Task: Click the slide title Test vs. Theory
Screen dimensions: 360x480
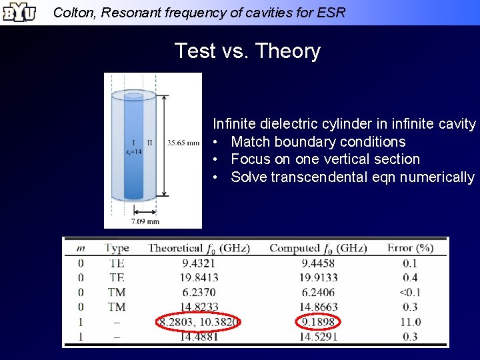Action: [x=247, y=51]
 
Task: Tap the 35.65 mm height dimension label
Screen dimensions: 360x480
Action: [x=183, y=142]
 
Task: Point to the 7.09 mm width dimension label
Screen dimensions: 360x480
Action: [x=145, y=221]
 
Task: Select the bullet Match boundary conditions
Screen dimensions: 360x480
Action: [x=318, y=141]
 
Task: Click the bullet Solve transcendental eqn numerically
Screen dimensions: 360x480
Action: [x=352, y=177]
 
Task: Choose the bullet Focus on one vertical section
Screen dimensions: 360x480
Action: [x=325, y=159]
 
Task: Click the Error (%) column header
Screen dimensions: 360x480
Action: [x=410, y=248]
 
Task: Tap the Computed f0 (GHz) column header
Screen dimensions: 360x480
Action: [x=318, y=248]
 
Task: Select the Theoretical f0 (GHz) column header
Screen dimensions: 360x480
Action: [x=199, y=248]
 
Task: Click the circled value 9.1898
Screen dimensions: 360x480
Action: [x=318, y=322]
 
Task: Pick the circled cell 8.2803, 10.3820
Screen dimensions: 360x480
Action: [x=199, y=322]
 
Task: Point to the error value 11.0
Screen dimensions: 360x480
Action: [x=410, y=322]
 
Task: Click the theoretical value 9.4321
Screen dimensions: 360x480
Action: [x=199, y=263]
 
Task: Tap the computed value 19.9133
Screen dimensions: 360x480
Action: [x=318, y=277]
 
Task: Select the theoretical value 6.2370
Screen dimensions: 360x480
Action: [x=199, y=292]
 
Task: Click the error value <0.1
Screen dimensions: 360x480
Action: [x=410, y=292]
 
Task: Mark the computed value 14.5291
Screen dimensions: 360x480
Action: [x=318, y=337]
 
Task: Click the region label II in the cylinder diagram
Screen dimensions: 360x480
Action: [x=149, y=142]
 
